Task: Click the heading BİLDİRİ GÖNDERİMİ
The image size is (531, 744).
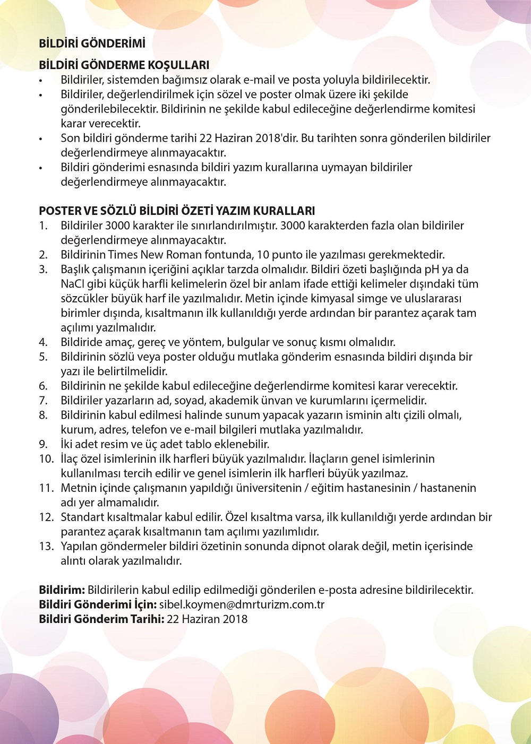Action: (92, 44)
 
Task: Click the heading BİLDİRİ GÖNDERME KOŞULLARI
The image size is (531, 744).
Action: (124, 65)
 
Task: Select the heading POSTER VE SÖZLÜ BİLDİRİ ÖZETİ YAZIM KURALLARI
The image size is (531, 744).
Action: (177, 211)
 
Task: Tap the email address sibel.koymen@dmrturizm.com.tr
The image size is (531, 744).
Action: (242, 604)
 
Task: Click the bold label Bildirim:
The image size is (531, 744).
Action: (62, 590)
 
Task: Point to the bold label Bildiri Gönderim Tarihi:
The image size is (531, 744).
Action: (101, 619)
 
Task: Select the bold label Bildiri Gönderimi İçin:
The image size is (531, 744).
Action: (98, 604)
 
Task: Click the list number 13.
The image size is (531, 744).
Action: (46, 546)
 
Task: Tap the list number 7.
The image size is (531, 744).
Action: (43, 401)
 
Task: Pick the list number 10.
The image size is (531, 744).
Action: (46, 458)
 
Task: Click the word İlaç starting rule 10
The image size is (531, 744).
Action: (72, 458)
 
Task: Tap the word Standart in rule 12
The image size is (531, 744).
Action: (83, 517)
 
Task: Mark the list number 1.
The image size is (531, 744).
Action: (43, 226)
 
